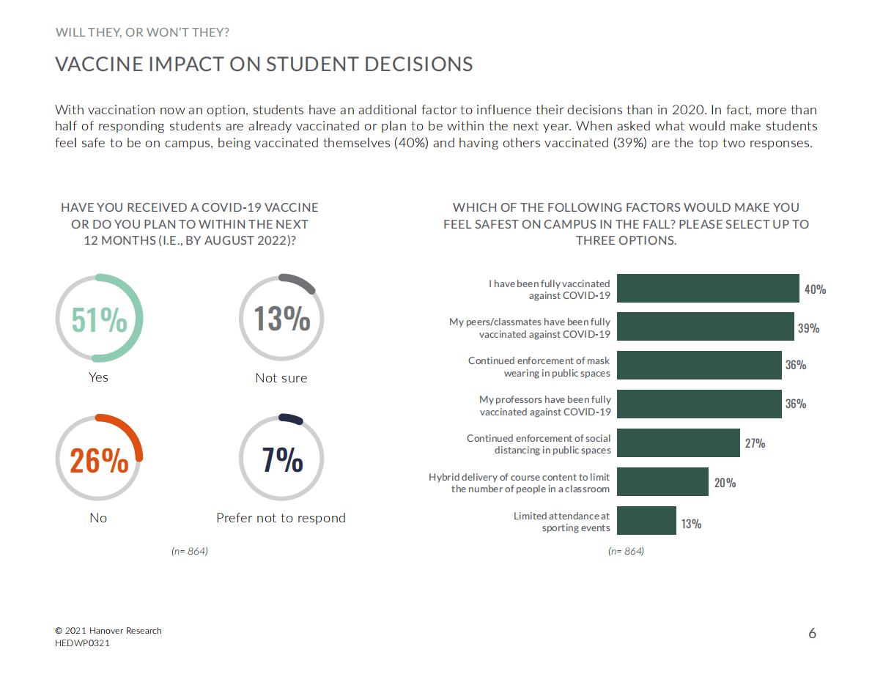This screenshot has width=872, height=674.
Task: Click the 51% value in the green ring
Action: click(99, 319)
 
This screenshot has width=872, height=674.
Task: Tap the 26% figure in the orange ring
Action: click(99, 461)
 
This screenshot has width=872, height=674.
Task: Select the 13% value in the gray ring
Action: click(282, 319)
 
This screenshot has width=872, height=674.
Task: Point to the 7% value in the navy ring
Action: click(282, 460)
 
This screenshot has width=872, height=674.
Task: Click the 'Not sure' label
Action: click(281, 378)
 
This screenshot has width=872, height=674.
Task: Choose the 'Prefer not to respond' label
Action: click(281, 518)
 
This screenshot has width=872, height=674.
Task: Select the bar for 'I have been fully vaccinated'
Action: click(708, 289)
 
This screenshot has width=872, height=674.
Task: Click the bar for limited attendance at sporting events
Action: click(646, 521)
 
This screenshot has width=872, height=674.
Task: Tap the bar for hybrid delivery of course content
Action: click(662, 482)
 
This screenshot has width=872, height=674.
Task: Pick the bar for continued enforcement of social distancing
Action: click(679, 442)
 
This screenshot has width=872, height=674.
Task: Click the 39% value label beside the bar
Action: click(808, 329)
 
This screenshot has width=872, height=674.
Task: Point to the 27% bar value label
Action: click(755, 443)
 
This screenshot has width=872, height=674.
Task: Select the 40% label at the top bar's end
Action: click(815, 289)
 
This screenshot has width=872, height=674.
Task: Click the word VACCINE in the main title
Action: click(98, 64)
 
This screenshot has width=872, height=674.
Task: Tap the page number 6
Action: click(812, 633)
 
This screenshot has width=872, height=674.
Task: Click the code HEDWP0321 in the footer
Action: click(83, 642)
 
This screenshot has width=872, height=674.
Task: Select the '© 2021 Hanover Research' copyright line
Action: click(108, 630)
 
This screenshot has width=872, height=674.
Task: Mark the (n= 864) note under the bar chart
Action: click(626, 551)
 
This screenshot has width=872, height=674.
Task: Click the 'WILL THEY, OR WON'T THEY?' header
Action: click(142, 32)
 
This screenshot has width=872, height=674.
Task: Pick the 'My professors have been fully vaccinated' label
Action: click(544, 405)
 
